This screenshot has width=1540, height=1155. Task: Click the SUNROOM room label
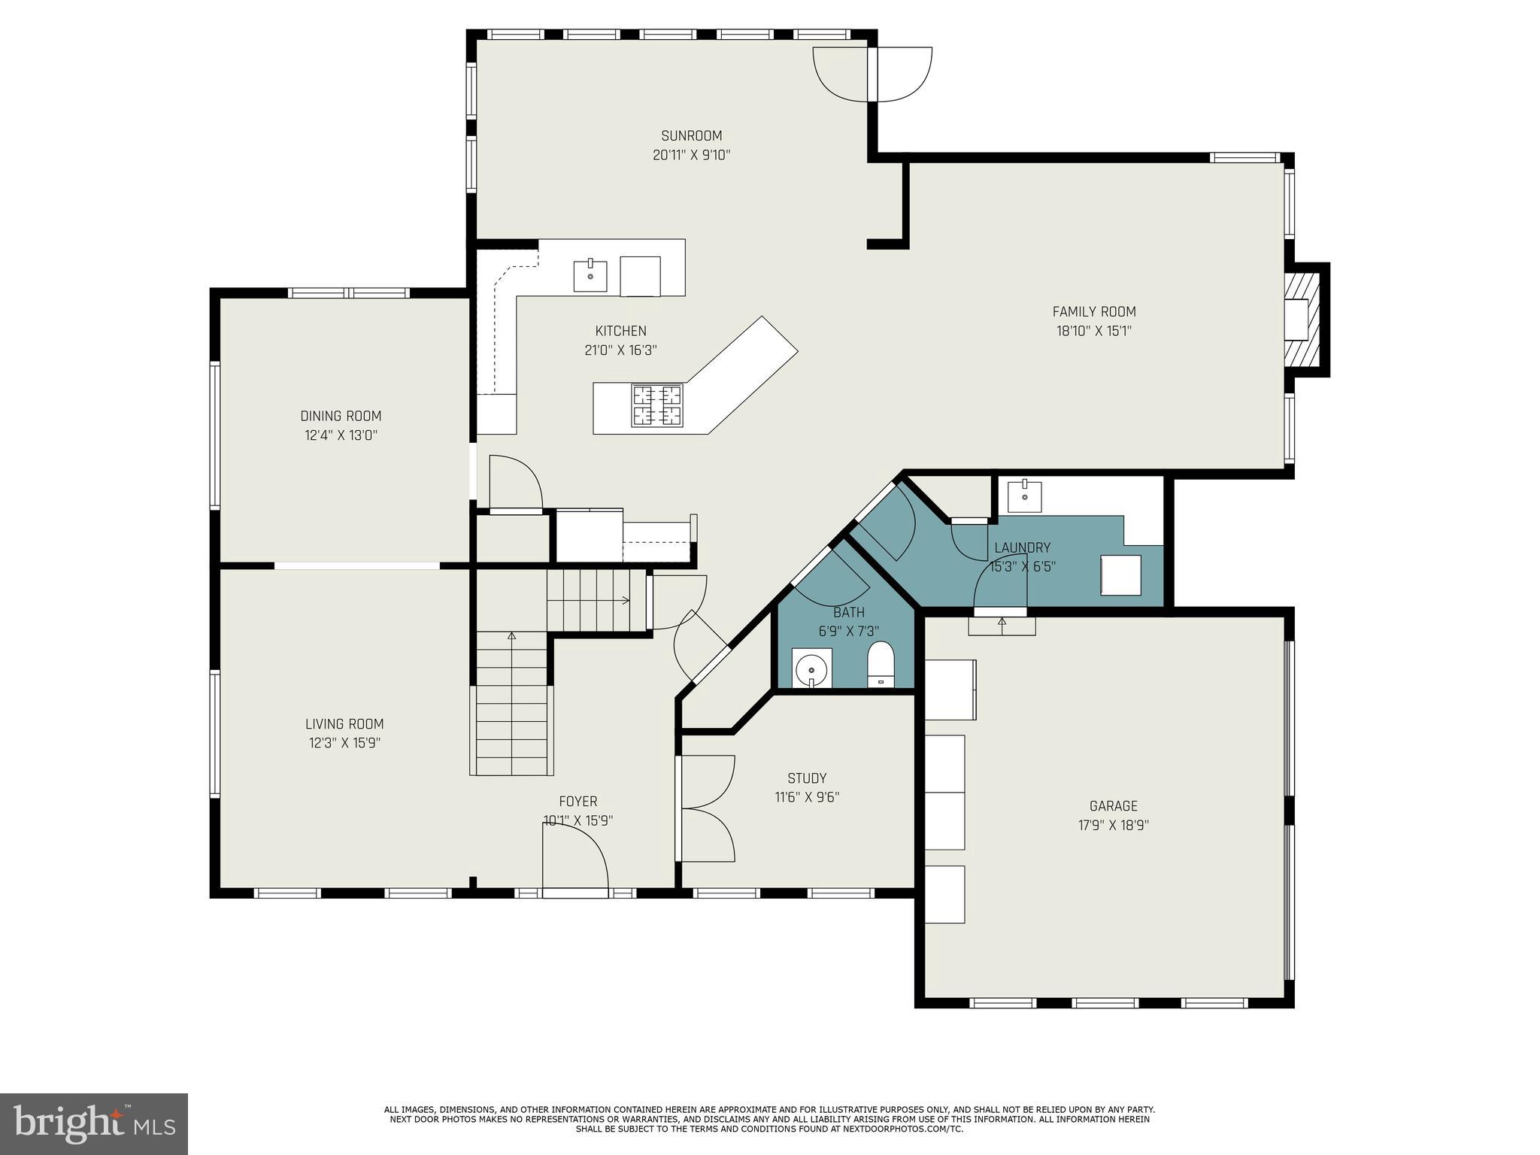coord(691,136)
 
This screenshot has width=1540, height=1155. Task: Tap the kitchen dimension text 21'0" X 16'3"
coord(620,350)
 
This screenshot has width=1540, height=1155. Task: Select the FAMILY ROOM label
coord(1093,311)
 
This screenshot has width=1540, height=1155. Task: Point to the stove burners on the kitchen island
coord(656,405)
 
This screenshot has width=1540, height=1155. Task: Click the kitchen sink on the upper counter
coord(590,276)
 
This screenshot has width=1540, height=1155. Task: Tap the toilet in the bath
coord(881,664)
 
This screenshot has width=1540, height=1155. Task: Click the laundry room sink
coord(1024,497)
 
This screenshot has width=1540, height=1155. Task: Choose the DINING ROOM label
coord(341,416)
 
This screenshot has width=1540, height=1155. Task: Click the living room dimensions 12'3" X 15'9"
coord(344,743)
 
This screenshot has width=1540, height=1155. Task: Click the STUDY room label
coord(807,778)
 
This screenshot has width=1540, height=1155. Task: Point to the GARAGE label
coord(1113,806)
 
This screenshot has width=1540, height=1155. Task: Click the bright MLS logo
coord(94,1123)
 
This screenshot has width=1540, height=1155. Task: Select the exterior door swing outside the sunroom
coord(901,74)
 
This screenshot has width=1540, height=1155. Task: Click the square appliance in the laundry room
coord(1120,575)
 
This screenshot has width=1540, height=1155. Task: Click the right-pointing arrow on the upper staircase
coord(624,600)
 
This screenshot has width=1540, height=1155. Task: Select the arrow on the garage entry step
coord(1002,622)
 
